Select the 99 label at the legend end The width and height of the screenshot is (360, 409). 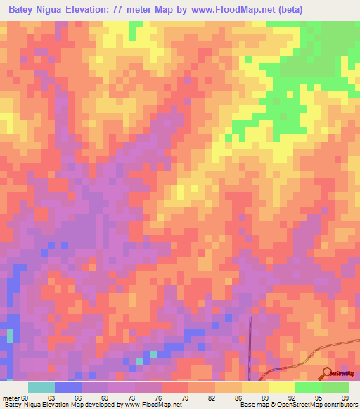click(x=345, y=397)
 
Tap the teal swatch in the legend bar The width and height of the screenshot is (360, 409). click(x=41, y=387)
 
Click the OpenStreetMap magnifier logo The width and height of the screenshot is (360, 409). click(x=327, y=372)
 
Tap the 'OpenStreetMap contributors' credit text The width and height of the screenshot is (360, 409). click(x=317, y=405)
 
